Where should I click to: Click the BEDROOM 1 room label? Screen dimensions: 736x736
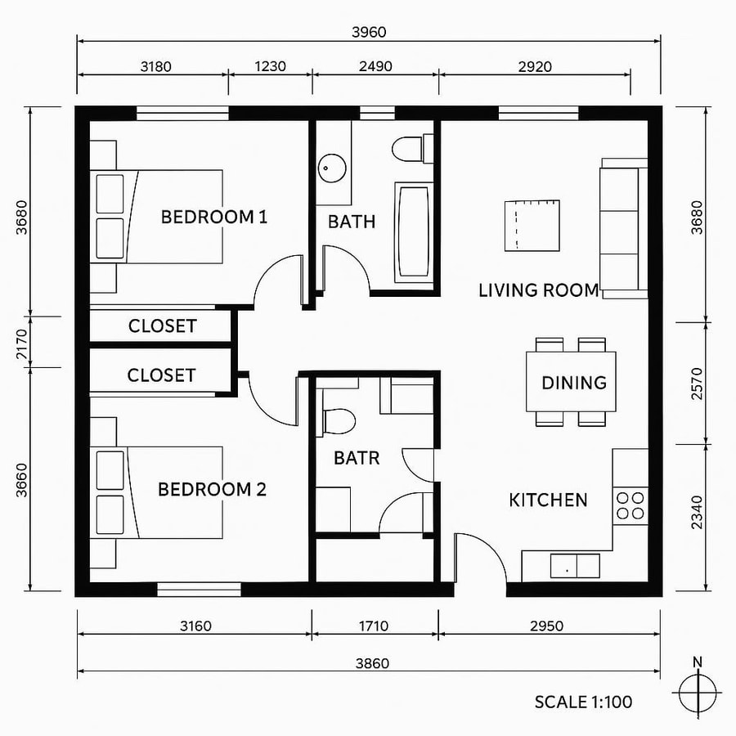214,217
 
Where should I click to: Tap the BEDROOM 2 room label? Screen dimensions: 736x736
212,489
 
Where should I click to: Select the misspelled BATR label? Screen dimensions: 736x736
357,458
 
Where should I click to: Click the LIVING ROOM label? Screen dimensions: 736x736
538,289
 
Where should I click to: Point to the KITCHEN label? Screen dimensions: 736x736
548,500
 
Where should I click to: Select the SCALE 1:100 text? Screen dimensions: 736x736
583,702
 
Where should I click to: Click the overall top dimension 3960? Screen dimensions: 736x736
368,32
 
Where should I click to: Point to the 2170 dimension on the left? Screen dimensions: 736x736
22,340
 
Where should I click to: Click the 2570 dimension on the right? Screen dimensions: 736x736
697,382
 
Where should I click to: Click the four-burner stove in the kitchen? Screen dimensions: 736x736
631,505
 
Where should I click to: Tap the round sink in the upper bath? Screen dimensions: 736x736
331,168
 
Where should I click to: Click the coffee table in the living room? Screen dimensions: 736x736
532,225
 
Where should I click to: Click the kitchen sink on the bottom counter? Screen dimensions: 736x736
575,565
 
